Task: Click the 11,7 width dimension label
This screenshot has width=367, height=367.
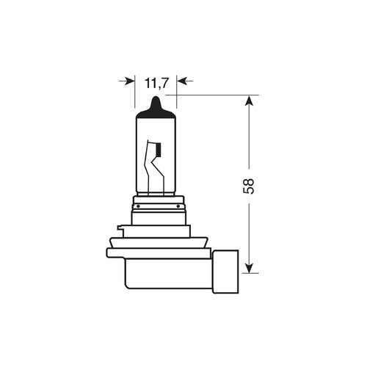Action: (157, 83)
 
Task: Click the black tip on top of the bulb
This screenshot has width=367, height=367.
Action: (157, 104)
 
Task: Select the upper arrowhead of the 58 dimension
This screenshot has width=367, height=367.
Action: (251, 101)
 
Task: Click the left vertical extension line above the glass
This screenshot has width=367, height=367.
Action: (135, 92)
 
